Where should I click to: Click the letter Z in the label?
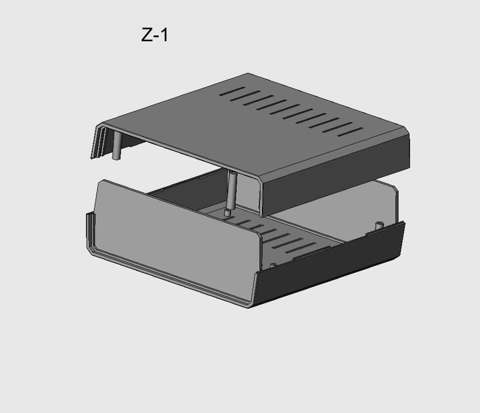[x=147, y=35]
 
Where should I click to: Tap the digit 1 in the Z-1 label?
[x=164, y=35]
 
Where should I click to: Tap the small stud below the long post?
[x=227, y=213]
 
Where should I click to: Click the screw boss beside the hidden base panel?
[x=379, y=226]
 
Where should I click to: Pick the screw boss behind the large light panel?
[x=274, y=265]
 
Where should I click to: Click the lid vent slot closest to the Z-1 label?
[x=232, y=91]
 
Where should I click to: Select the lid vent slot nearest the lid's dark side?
[x=350, y=132]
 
